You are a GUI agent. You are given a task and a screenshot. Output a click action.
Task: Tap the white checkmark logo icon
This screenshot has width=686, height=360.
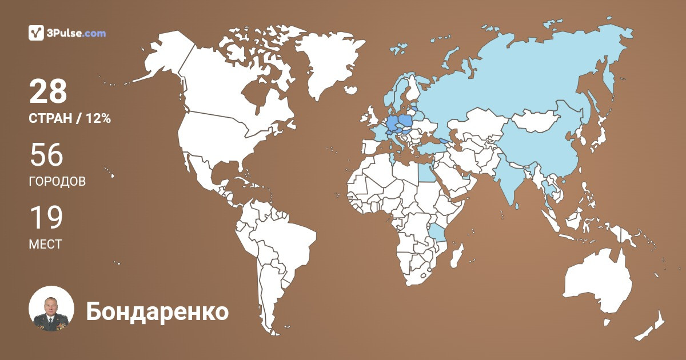[x=37, y=33]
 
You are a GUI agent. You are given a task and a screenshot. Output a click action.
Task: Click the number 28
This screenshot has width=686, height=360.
[x=48, y=91]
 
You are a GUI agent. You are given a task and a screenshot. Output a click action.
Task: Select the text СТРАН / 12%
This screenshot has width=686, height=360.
[x=70, y=119]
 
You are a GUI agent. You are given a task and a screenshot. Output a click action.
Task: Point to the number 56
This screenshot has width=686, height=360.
[x=46, y=155]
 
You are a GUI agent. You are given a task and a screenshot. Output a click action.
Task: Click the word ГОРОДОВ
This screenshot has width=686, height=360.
[x=57, y=182]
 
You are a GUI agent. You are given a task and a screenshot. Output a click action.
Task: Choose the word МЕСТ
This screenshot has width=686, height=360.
[x=45, y=245]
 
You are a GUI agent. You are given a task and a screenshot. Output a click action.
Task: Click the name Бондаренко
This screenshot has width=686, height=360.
[x=157, y=312]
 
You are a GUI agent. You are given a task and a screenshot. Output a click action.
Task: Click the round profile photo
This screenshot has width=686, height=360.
[x=51, y=309]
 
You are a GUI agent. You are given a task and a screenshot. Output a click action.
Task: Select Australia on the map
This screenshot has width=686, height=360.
[x=597, y=286]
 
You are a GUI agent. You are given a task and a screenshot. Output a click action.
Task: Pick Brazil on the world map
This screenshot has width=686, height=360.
[x=286, y=240]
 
